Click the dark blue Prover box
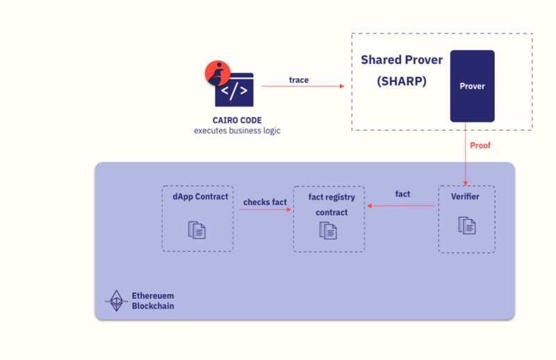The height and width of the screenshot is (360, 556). pos(472,86)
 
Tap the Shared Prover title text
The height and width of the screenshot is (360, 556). pos(401,60)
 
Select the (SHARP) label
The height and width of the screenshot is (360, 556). pos(402,81)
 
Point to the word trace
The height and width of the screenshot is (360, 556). pos(299,80)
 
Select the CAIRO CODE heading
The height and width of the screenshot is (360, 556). pos(237,120)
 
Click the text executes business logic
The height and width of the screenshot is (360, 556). pos(237,131)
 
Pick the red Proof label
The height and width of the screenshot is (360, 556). pos(480,145)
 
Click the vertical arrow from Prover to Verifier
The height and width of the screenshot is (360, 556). pos(466,153)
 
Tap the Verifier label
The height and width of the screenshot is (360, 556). pos(465,197)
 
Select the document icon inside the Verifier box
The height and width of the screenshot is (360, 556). pos(466,224)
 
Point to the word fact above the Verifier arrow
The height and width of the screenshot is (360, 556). pos(402,194)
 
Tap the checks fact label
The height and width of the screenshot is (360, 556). pos(265,202)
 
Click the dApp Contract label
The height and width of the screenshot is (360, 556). pos(200,197)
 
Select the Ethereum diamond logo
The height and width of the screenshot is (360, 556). pos(115,300)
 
